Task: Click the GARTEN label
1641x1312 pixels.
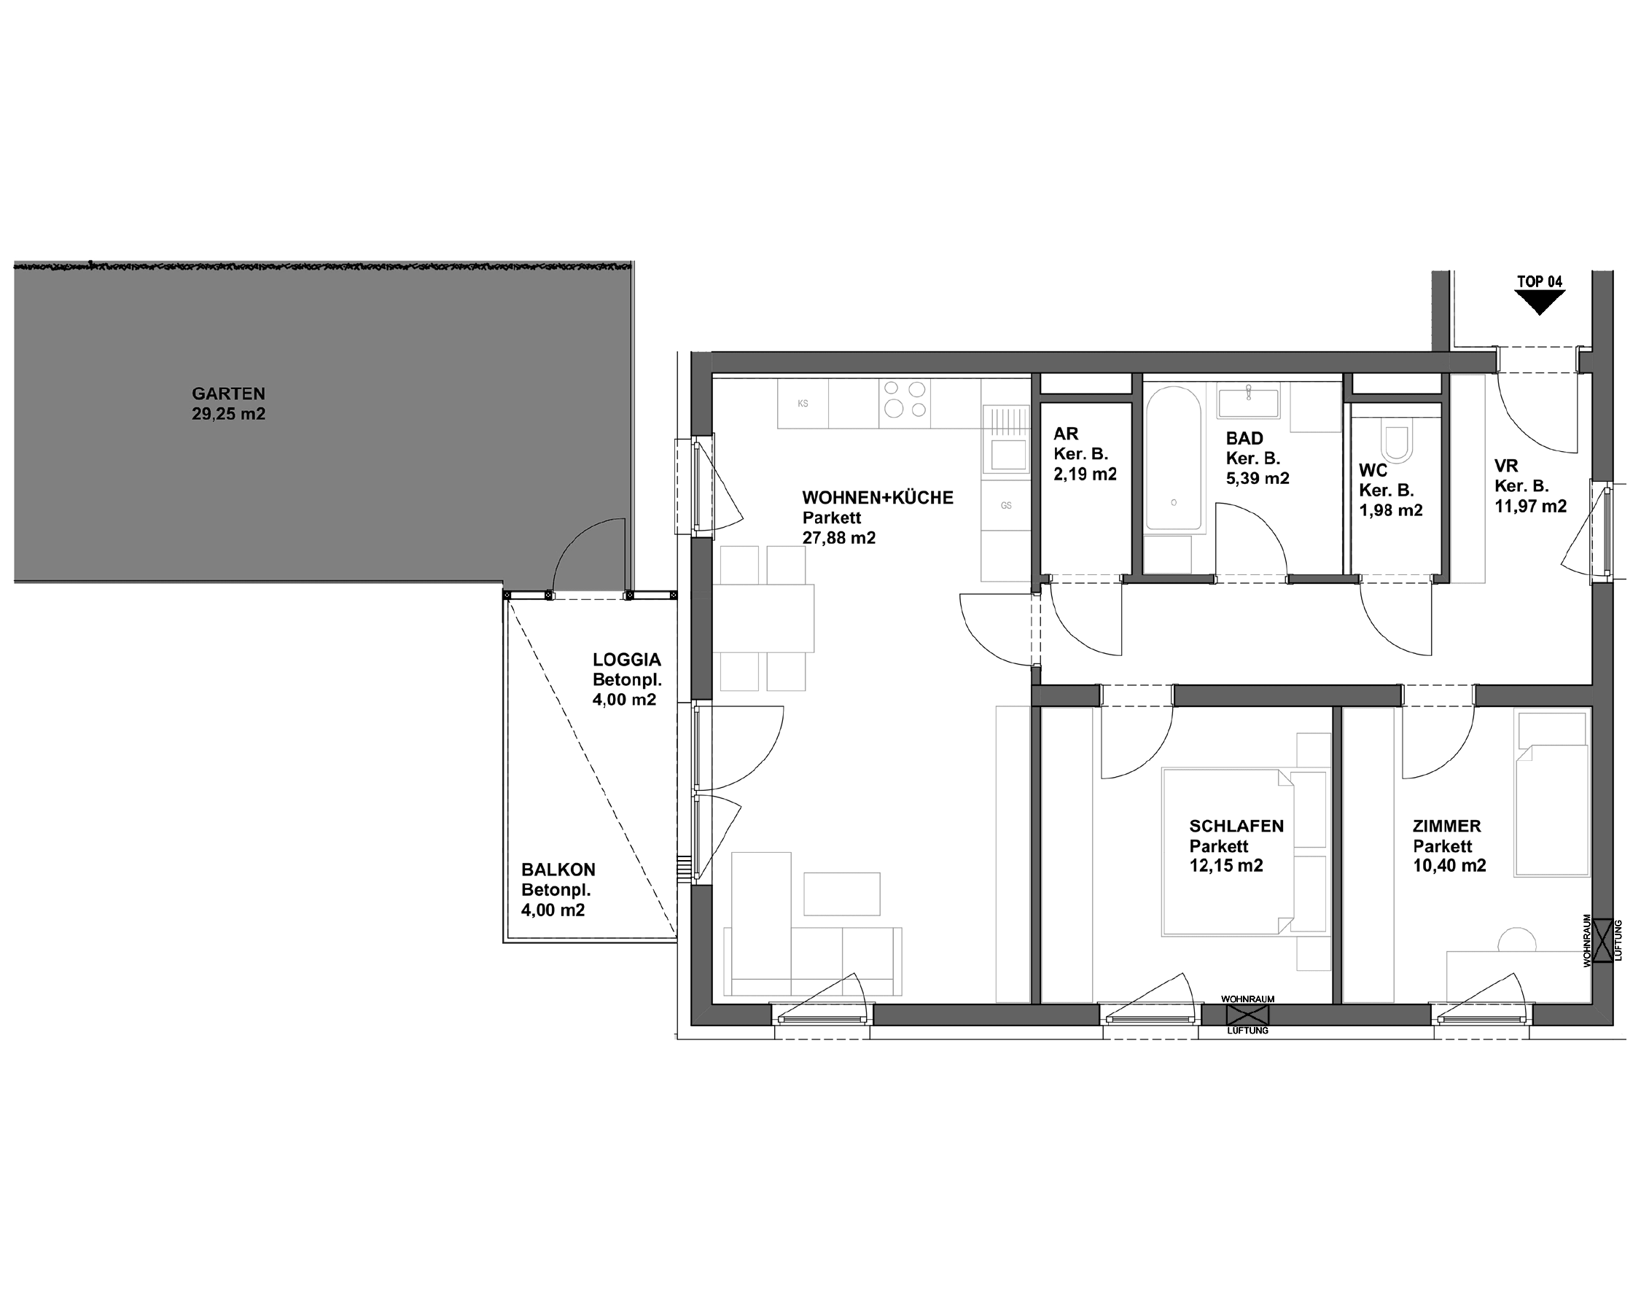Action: (228, 394)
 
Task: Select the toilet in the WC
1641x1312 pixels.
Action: (1396, 443)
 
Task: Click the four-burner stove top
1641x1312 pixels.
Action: (905, 400)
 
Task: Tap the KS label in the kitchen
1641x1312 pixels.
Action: (802, 403)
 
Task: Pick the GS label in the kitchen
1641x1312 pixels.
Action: (1005, 505)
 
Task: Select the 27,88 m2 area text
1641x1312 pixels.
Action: (839, 538)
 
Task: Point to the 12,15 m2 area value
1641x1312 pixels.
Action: (1226, 865)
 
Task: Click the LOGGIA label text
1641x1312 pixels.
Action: (626, 660)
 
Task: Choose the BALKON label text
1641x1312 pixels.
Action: (558, 870)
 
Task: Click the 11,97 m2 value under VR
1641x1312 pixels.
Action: (1530, 506)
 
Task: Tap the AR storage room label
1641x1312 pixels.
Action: (1066, 434)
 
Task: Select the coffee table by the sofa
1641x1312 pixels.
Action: (841, 894)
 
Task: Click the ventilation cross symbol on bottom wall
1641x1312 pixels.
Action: (1247, 1015)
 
